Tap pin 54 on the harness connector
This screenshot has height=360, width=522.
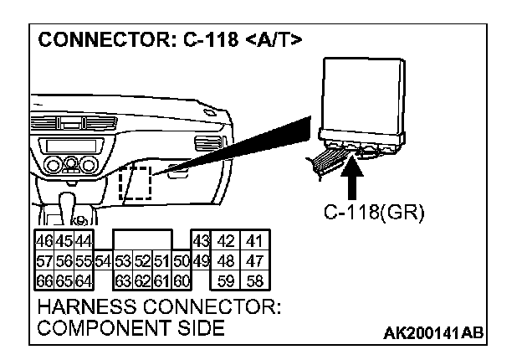(x=103, y=261)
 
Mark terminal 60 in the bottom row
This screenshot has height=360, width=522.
(x=181, y=280)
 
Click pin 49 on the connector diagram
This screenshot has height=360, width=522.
(x=201, y=261)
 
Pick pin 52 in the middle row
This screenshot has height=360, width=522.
(x=142, y=261)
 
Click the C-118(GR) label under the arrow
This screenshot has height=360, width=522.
(x=374, y=213)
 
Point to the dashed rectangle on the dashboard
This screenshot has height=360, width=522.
(x=135, y=183)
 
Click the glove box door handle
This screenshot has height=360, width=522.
(x=177, y=174)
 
